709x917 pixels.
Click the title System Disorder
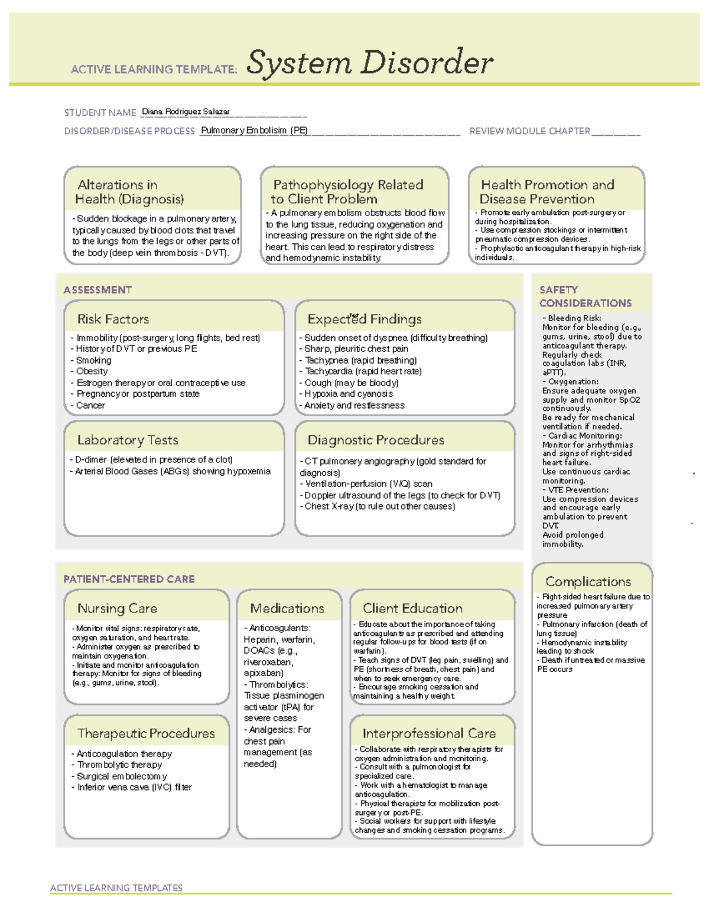(369, 63)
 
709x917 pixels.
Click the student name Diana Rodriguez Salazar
(186, 112)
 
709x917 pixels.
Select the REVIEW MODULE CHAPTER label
(529, 131)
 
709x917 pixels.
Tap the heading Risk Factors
(113, 319)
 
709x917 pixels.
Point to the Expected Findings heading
(365, 319)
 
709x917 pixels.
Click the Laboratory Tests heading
(128, 440)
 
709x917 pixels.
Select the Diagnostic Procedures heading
(376, 440)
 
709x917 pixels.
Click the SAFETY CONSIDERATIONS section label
(585, 296)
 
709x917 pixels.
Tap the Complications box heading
(588, 582)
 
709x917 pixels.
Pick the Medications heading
(287, 609)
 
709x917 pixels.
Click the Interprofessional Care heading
(429, 734)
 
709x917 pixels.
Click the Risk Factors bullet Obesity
(92, 371)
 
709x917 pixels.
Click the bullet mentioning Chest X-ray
(379, 507)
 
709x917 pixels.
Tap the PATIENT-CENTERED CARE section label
(129, 579)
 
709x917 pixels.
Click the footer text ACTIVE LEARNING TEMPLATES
(116, 888)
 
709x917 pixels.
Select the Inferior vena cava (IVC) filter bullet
(134, 788)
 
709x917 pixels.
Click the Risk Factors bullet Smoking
(93, 360)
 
